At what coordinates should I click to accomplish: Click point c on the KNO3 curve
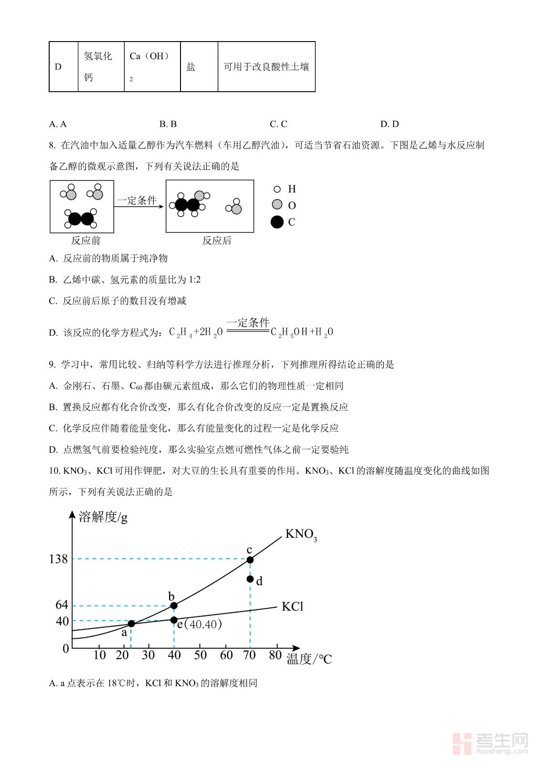[x=250, y=560]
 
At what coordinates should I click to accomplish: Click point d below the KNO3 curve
[x=250, y=579]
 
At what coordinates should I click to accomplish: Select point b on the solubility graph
[x=174, y=605]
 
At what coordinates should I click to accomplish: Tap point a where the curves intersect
[x=131, y=624]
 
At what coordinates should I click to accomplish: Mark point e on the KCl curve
[x=174, y=620]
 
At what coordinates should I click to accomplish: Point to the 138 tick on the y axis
[x=58, y=559]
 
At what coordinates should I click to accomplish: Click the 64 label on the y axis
[x=62, y=605]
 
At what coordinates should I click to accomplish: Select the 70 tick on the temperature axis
[x=250, y=655]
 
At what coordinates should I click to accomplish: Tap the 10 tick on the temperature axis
[x=99, y=655]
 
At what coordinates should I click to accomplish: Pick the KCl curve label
[x=292, y=606]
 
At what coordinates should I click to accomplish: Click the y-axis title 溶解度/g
[x=103, y=517]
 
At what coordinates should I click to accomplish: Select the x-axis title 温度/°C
[x=309, y=659]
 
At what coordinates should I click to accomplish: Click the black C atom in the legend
[x=277, y=222]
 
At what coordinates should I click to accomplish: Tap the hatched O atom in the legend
[x=277, y=205]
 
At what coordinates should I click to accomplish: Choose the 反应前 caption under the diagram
[x=86, y=241]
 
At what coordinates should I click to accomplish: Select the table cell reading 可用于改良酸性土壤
[x=266, y=67]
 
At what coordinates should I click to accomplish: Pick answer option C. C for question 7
[x=278, y=124]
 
